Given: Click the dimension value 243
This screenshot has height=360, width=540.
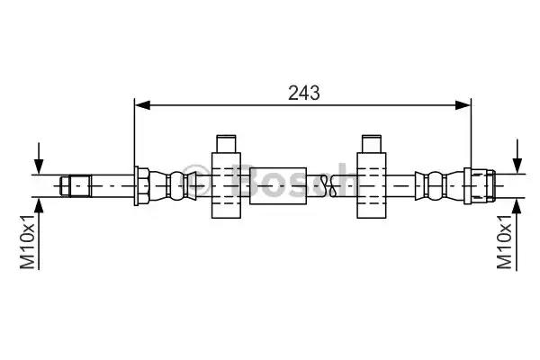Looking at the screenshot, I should tap(304, 92).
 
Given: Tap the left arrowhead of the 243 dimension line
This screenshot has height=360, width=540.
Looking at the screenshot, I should tap(140, 105).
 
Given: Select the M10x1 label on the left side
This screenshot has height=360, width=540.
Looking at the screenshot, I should tap(28, 240).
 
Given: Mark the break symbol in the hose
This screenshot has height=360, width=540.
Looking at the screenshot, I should tap(335, 186).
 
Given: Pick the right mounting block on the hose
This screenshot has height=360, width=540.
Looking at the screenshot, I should tap(371, 186).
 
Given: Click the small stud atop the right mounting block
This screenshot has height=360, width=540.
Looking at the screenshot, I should tap(371, 144).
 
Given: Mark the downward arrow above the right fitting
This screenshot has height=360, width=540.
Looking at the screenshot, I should tap(517, 158).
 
